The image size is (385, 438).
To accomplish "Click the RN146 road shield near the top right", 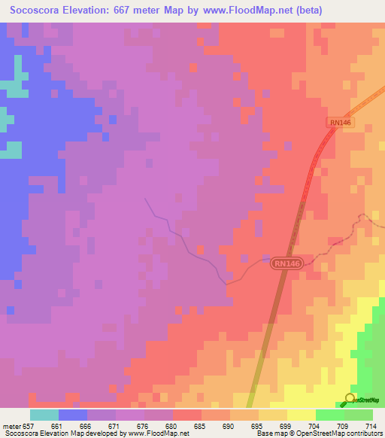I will tap(341, 122).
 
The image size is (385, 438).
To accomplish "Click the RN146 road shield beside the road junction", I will tap(286, 263).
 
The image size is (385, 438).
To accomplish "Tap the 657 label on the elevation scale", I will tap(27, 426).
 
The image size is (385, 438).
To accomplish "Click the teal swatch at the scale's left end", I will tap(44, 415).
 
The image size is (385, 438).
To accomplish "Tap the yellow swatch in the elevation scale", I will tap(302, 415).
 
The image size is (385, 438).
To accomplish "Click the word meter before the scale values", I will tap(10, 426).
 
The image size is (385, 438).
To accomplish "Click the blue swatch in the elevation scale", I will tap(72, 415).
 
